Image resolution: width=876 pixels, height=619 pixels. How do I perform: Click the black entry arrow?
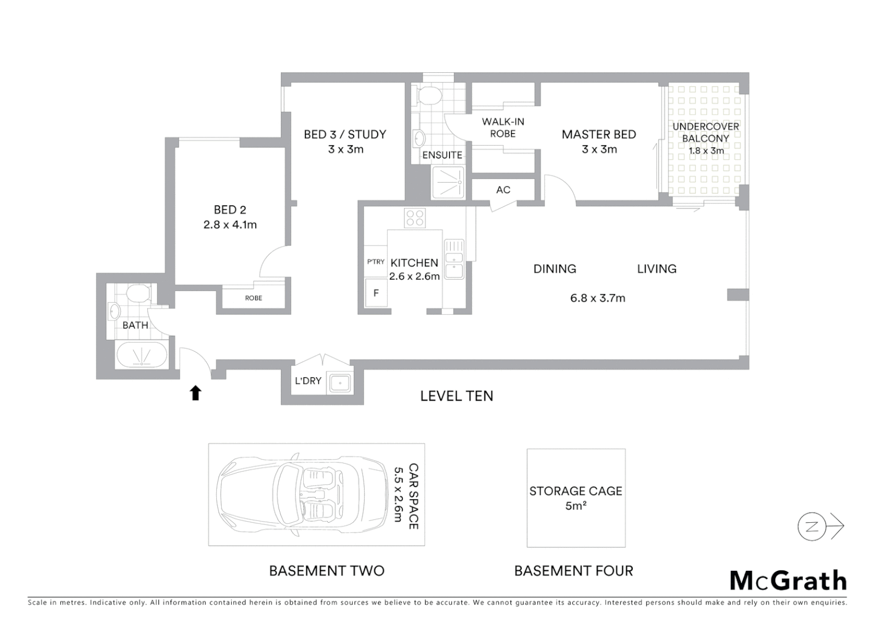click(x=195, y=393)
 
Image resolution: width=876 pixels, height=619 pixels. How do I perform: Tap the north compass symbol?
click(x=812, y=526)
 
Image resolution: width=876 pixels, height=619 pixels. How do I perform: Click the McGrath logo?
click(x=788, y=581)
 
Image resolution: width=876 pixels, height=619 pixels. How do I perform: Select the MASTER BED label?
click(x=599, y=135)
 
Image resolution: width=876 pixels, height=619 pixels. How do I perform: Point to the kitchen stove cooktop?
click(x=414, y=218)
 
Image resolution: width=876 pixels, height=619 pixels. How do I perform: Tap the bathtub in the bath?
click(x=142, y=355)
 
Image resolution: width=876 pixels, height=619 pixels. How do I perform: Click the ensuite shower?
click(x=447, y=182)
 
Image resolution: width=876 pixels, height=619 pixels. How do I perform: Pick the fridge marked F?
click(x=376, y=293)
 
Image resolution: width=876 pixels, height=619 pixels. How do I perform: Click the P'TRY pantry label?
click(x=376, y=262)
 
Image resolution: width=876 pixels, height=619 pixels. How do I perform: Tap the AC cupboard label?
click(x=503, y=190)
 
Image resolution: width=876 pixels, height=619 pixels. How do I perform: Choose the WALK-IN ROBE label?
click(x=503, y=127)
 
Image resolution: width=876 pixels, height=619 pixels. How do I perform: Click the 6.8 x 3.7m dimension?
click(x=597, y=298)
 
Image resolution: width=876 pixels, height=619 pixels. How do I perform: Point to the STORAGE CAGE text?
click(x=576, y=491)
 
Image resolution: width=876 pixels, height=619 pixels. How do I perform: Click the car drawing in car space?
click(x=301, y=494)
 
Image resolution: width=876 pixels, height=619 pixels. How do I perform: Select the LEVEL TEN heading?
click(x=456, y=396)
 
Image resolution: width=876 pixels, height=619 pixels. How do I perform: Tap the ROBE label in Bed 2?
click(x=253, y=298)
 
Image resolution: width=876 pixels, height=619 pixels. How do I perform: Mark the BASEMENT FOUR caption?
click(x=573, y=571)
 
